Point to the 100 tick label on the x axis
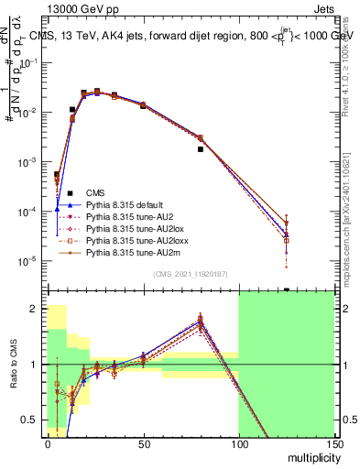click(x=238, y=444)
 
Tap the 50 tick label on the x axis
click(x=143, y=444)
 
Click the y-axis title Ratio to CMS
click(x=15, y=365)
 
